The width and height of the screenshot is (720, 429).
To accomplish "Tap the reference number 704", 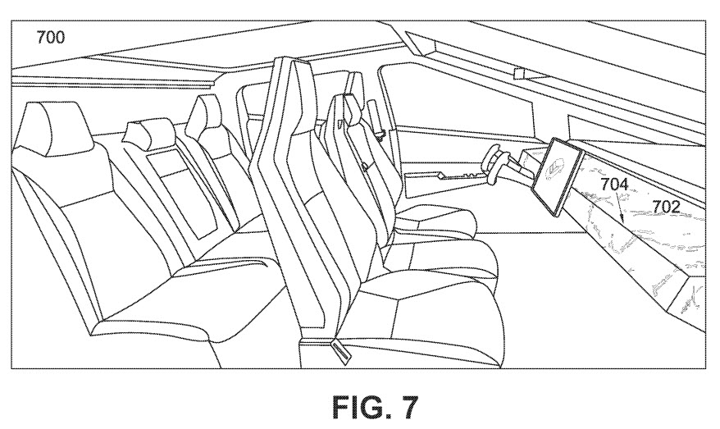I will (x=615, y=185).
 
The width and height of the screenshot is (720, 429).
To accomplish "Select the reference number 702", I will (x=665, y=207).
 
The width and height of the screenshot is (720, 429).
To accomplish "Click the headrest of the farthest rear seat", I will (x=203, y=116).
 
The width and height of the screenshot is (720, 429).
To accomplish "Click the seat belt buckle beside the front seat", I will (x=340, y=350).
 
